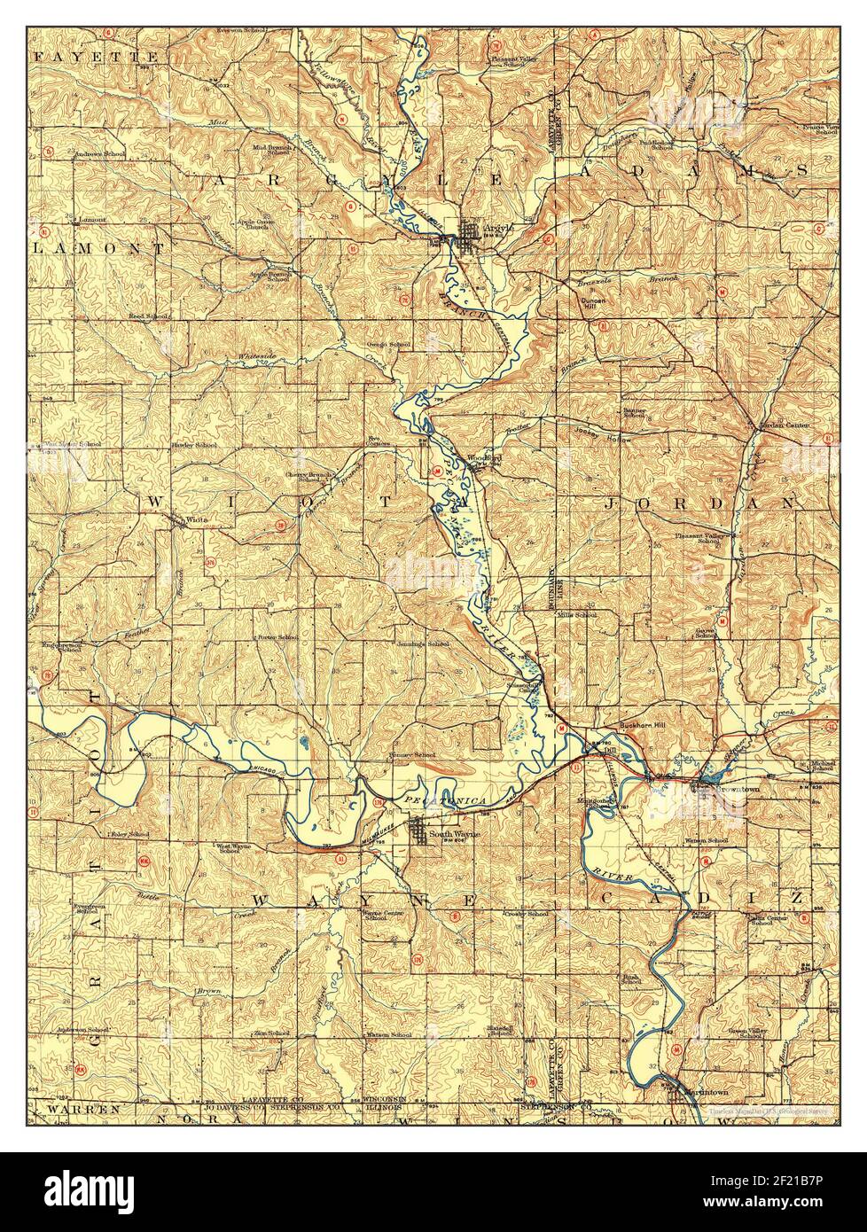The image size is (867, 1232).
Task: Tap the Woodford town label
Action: [484, 458]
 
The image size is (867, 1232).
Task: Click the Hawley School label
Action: [193, 444]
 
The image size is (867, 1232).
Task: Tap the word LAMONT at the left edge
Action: [98, 250]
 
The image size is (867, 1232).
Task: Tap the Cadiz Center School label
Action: [767, 921]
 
